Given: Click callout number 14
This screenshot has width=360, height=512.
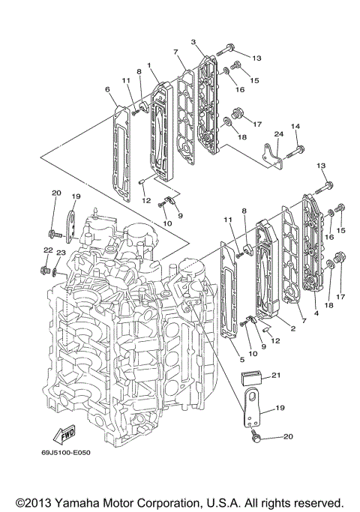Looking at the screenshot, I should [x=295, y=127].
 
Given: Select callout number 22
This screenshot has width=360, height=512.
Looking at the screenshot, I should [x=46, y=250].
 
